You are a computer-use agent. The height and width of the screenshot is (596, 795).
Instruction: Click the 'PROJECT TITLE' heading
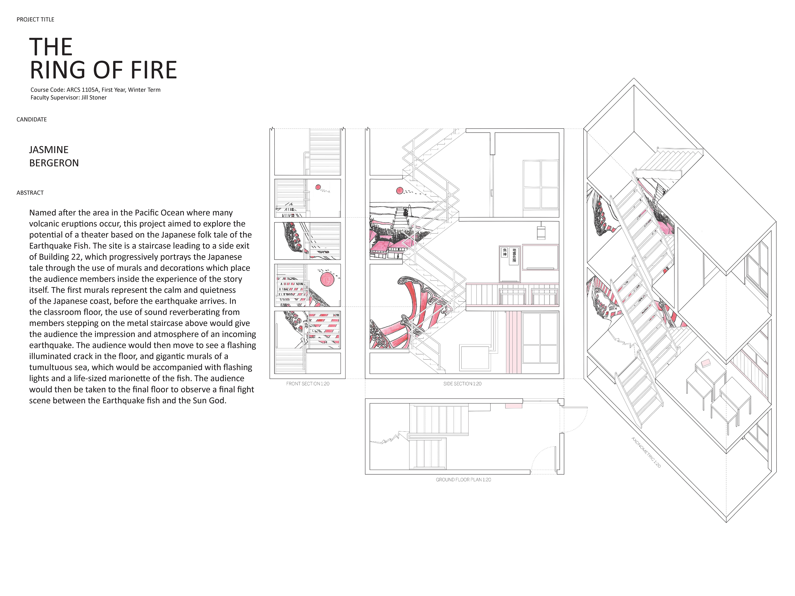(35, 19)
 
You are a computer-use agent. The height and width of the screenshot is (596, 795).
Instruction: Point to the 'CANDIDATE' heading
(32, 119)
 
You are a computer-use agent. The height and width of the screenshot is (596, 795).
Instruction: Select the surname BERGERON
(54, 163)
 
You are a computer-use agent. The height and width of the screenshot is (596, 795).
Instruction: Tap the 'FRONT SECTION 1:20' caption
(308, 384)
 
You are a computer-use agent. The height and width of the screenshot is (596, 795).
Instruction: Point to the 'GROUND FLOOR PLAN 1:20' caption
(463, 480)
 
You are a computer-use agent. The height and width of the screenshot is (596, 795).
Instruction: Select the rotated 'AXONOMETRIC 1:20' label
(646, 452)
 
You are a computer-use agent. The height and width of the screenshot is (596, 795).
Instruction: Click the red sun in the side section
(399, 191)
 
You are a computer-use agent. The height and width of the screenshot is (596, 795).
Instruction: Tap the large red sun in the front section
(327, 280)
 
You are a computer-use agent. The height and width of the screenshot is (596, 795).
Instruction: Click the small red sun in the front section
(318, 187)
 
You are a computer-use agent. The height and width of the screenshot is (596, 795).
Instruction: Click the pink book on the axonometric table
(706, 363)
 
